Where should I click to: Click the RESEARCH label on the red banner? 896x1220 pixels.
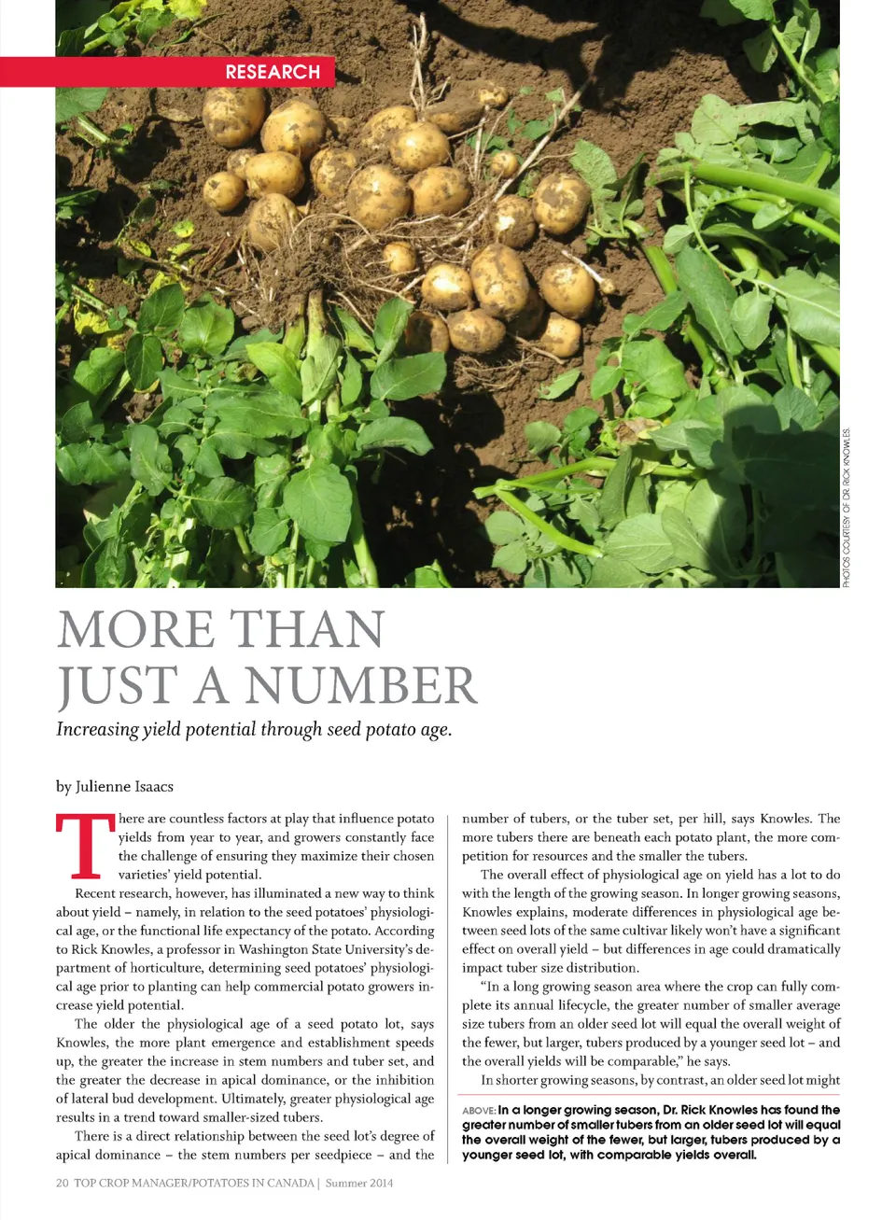point(273,72)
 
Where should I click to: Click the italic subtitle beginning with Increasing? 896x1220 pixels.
point(254,729)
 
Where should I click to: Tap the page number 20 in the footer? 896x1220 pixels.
point(62,1183)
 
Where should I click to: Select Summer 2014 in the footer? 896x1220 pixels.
point(359,1183)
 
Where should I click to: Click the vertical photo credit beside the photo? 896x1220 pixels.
point(847,508)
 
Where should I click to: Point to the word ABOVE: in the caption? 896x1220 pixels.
point(479,1111)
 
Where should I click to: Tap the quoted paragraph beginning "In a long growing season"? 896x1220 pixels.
point(651,1023)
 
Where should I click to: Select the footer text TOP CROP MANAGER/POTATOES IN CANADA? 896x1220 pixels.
point(194,1183)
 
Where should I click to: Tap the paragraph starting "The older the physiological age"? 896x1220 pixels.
point(245,1070)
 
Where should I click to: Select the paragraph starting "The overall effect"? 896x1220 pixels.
point(651,920)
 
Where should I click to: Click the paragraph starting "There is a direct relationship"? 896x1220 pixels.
point(245,1145)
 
